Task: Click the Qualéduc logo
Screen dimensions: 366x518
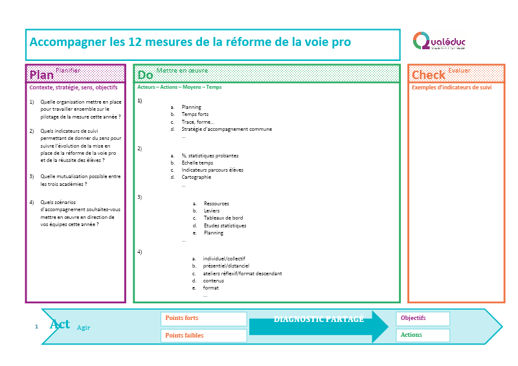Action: pos(439,41)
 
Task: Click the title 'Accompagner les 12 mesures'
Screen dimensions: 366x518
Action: pos(190,43)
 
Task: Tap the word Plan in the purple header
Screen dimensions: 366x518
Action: pos(41,74)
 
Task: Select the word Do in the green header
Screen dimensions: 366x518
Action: pos(145,75)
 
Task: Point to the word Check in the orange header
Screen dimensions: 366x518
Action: pos(429,75)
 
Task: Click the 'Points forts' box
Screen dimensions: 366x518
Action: pos(203,319)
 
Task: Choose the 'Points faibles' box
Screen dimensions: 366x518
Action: pos(203,336)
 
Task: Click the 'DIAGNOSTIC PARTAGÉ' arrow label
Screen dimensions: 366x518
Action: pos(319,319)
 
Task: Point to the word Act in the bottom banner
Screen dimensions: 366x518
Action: pos(60,325)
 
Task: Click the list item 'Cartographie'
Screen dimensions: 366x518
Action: pos(196,177)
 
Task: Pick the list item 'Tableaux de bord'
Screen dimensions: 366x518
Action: pos(223,218)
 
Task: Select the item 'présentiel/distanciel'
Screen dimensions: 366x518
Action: pos(225,266)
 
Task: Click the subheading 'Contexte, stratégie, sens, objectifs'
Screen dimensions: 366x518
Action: pos(73,87)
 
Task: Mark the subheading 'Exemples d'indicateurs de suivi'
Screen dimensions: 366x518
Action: pos(451,87)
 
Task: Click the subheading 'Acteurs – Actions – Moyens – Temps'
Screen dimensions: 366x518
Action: pos(179,87)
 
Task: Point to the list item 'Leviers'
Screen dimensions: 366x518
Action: pos(212,211)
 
